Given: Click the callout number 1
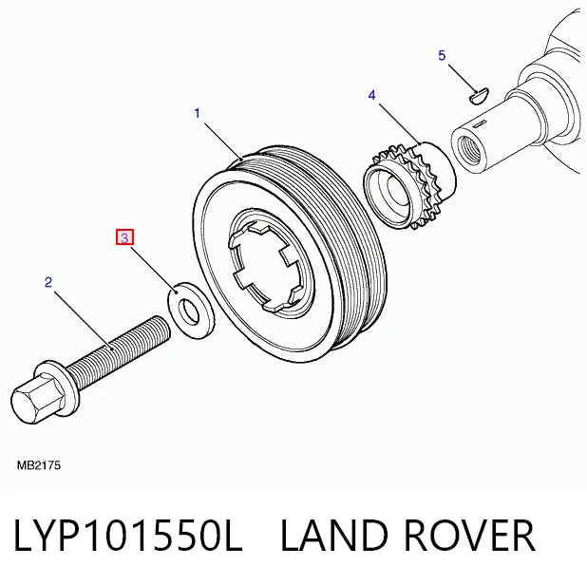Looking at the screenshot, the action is click(198, 113).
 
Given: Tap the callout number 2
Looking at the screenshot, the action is click(47, 282).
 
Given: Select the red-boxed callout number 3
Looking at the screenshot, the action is click(124, 237).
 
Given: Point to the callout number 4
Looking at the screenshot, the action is click(371, 95).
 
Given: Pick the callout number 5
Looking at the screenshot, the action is click(442, 55).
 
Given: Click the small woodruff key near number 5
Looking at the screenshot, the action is click(479, 96).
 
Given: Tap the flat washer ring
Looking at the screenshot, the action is click(190, 311).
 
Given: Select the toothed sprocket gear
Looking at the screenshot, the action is click(410, 185).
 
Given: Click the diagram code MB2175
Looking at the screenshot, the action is click(39, 465).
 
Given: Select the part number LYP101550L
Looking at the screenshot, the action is click(128, 536).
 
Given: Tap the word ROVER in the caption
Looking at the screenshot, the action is click(469, 536).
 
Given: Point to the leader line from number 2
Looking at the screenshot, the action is click(83, 320).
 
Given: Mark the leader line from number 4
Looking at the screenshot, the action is click(400, 124).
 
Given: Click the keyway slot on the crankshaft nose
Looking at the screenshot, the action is click(479, 123).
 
